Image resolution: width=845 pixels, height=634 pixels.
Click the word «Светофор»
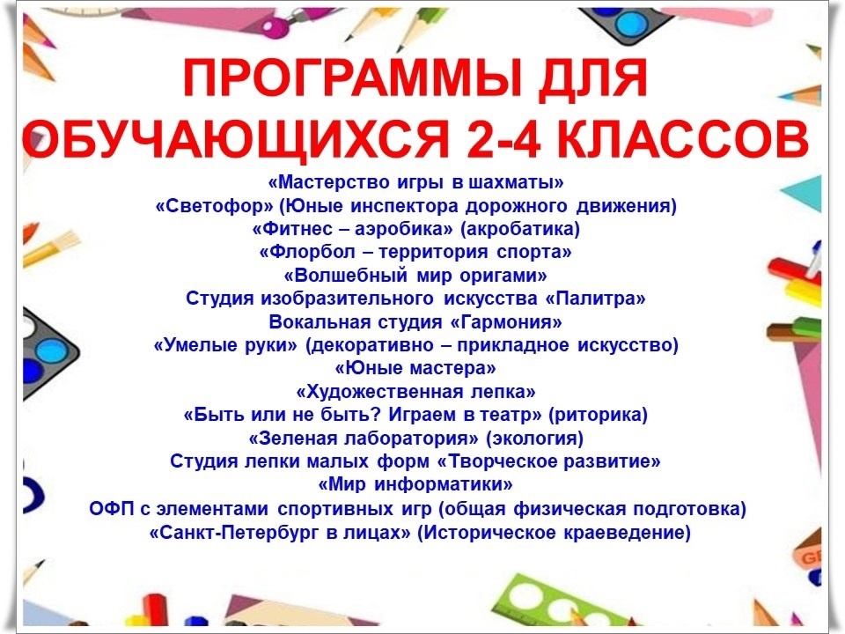(x=215, y=205)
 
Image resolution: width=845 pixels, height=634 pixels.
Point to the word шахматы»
(x=516, y=182)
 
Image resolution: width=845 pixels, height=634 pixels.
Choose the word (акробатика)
(x=520, y=229)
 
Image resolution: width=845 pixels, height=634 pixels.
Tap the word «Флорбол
(x=307, y=252)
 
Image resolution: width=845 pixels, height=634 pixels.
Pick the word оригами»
(x=503, y=276)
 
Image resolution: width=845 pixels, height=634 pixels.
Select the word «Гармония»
(x=505, y=322)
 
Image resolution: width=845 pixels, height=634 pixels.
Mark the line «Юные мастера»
(x=415, y=368)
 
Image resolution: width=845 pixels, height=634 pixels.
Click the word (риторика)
(x=598, y=415)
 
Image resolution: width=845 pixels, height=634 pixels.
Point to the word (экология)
(x=534, y=439)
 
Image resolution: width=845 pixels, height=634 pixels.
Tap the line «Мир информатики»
(x=415, y=484)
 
